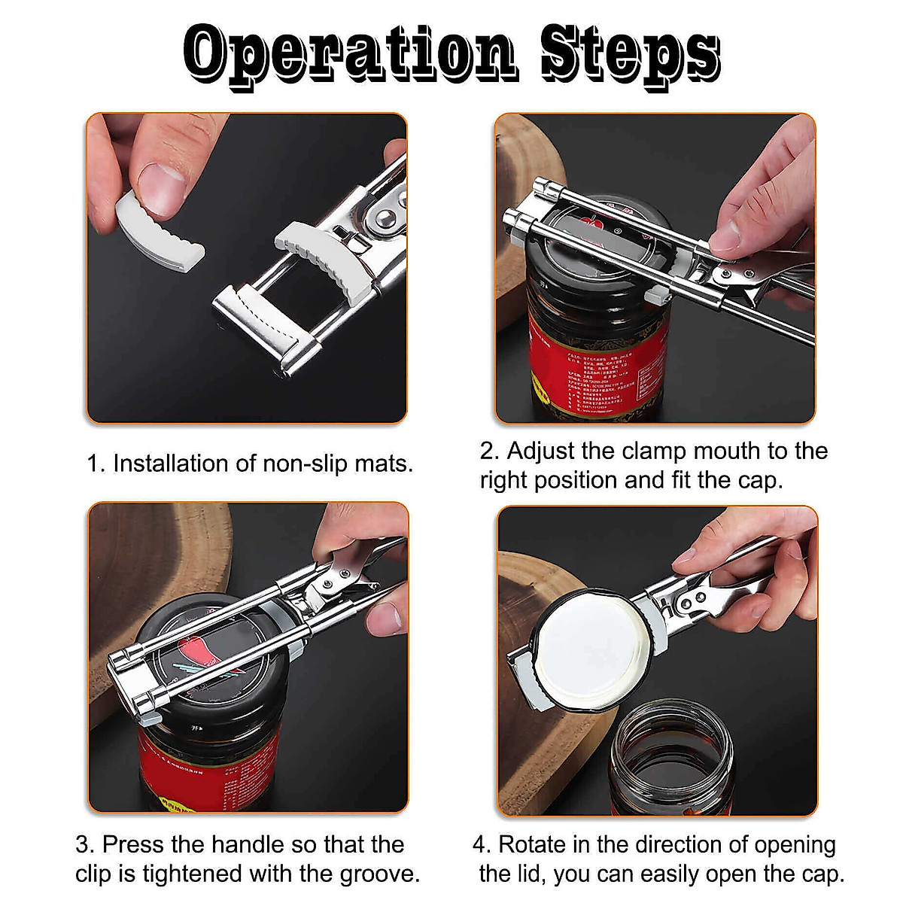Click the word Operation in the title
tap(350, 54)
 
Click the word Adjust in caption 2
tap(541, 451)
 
